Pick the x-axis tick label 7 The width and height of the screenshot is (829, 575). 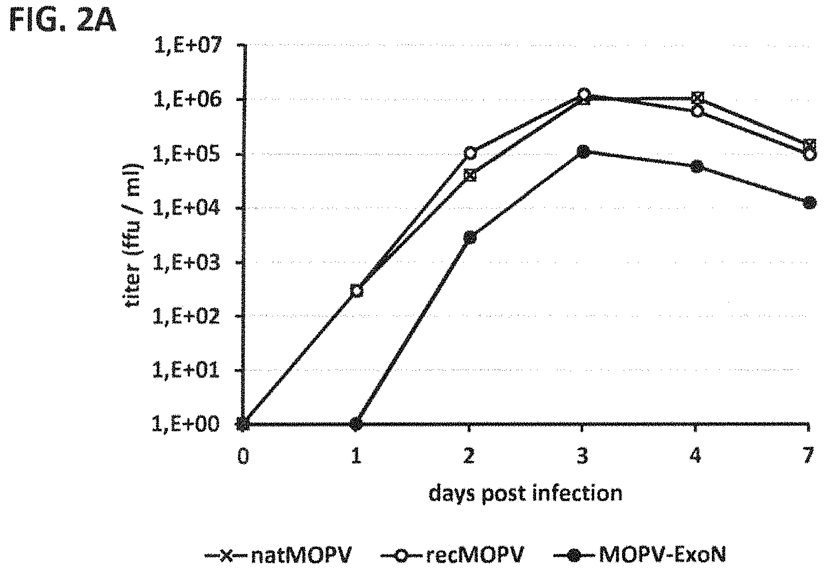(808, 456)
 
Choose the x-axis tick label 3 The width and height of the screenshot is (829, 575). (582, 456)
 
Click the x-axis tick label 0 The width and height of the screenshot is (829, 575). (242, 456)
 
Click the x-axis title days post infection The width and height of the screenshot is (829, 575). (525, 493)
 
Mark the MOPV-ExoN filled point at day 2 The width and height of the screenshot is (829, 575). (470, 237)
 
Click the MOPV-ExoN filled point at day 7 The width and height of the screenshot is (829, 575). (810, 203)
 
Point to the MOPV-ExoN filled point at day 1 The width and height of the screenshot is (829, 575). (357, 424)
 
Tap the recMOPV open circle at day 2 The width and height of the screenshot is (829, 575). (470, 153)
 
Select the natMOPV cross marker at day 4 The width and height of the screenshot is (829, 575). (697, 99)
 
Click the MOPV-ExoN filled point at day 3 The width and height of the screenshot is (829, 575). (583, 152)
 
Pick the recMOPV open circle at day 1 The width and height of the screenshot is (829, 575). (357, 290)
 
